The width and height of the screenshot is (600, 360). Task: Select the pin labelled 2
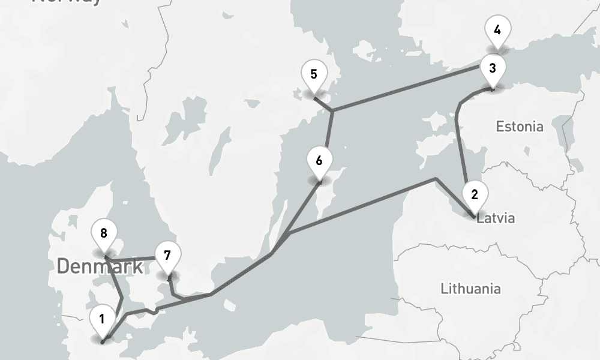[x=475, y=194]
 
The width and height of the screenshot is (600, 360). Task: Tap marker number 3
[x=492, y=68]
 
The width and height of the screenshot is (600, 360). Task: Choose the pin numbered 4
[x=497, y=29]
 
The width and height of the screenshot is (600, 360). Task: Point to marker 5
[x=314, y=74]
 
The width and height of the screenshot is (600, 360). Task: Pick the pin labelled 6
[x=319, y=161]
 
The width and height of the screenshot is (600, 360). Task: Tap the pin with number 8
[x=104, y=233]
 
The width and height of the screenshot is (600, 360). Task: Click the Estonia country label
[x=520, y=127]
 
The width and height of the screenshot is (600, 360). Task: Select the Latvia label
[x=496, y=218]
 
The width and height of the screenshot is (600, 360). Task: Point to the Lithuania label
[x=470, y=289]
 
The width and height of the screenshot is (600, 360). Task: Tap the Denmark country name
[x=100, y=266]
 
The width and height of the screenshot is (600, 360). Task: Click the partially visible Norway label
[x=66, y=2]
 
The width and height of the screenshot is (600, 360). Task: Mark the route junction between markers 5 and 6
[x=332, y=110]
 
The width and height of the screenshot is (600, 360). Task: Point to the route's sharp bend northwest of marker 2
[x=435, y=179]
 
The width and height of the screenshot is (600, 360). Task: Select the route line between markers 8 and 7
[x=135, y=259]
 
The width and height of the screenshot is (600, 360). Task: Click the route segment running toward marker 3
[x=408, y=89]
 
